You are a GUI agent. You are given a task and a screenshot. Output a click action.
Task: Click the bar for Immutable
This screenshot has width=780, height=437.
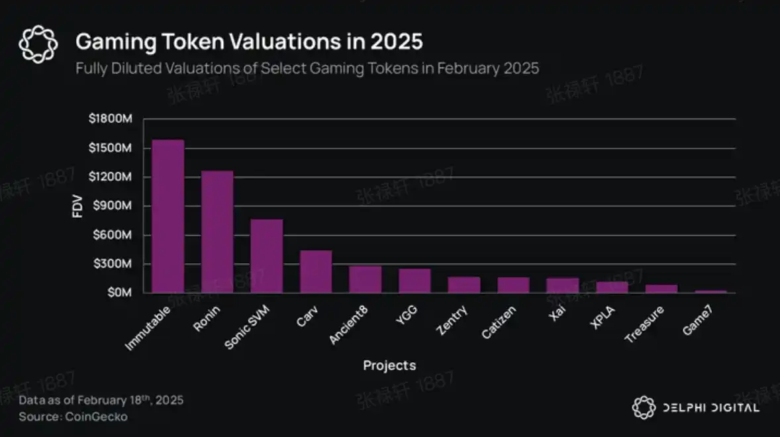[168, 216]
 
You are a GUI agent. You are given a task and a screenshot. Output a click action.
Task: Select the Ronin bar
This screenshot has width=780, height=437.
[217, 232]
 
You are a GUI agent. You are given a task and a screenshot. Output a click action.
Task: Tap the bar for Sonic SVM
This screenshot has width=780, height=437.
[266, 256]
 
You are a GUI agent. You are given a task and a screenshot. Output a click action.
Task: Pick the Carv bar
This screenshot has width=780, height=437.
[316, 271]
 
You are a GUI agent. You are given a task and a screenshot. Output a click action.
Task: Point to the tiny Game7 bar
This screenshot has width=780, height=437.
[711, 291]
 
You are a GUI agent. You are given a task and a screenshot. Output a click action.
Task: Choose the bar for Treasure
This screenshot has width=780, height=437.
[661, 289]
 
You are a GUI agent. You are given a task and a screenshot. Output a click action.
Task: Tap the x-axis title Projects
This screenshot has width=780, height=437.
[389, 365]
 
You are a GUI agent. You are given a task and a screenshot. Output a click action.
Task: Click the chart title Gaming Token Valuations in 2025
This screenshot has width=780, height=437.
[249, 42]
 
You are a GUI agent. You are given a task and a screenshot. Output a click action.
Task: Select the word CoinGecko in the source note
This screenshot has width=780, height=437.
[96, 416]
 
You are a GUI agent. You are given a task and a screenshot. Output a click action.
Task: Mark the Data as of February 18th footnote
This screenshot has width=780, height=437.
[101, 400]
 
